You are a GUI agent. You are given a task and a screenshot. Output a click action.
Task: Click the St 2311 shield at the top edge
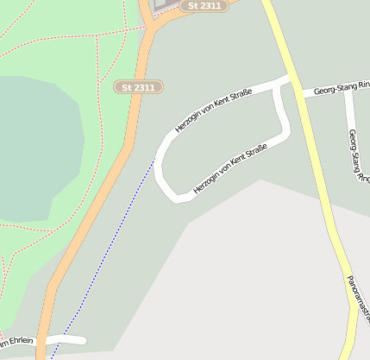[204, 6]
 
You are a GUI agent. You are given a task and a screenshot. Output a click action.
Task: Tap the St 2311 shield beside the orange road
[138, 87]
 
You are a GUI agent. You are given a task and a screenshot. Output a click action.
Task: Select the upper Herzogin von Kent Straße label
[213, 110]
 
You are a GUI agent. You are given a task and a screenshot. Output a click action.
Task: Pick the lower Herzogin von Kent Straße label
[230, 169]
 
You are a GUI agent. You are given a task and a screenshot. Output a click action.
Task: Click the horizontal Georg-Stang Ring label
[341, 88]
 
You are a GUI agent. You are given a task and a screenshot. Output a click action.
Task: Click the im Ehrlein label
[17, 340]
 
